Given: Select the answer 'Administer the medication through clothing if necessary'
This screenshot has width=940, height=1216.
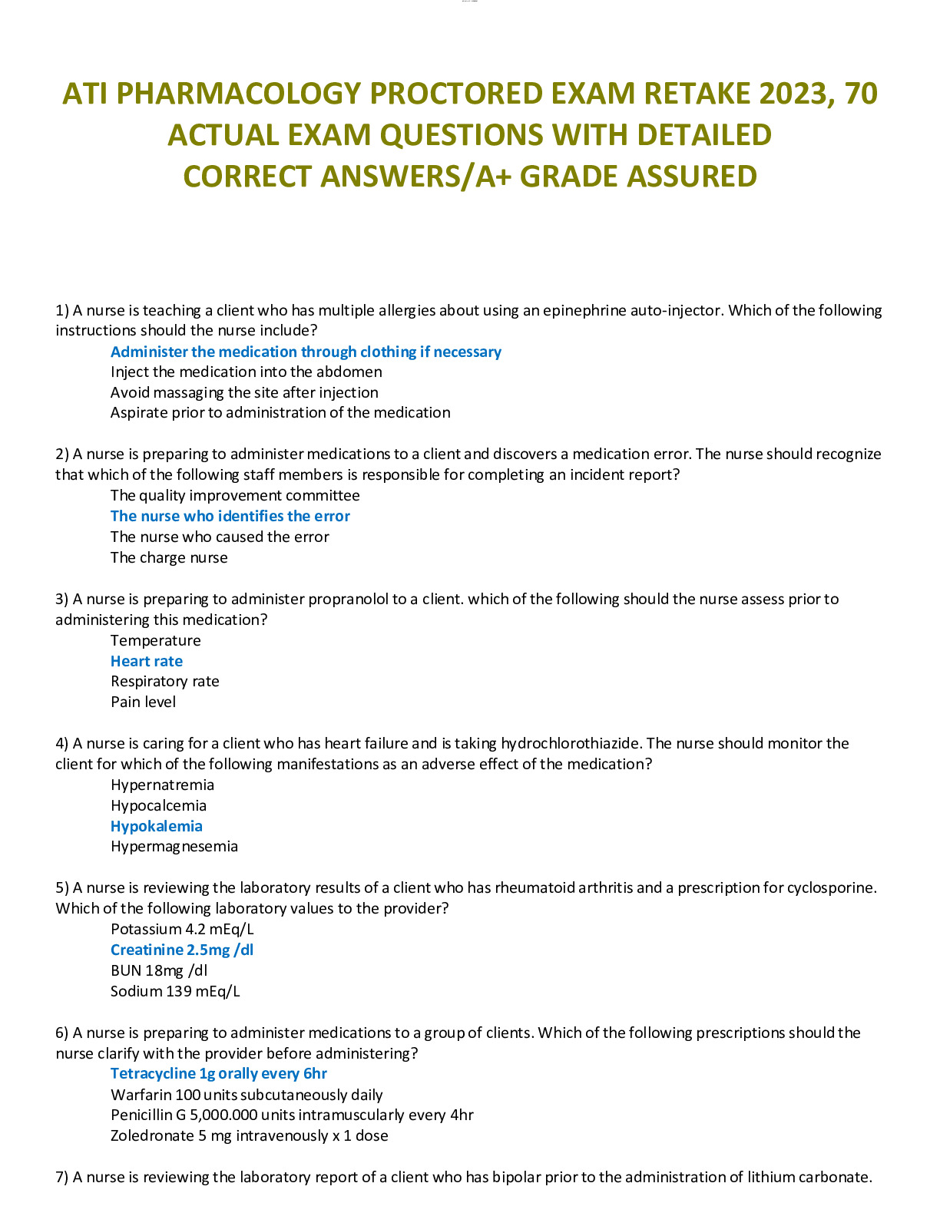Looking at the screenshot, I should (x=306, y=352).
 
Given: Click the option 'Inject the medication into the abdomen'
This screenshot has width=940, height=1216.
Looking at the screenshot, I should (x=246, y=372).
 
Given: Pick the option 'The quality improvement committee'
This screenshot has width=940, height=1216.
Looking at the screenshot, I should (x=235, y=495).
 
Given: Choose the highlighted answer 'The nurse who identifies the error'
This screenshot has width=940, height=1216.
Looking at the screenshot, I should (x=230, y=516).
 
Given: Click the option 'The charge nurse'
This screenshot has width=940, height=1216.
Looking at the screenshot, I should (x=169, y=557).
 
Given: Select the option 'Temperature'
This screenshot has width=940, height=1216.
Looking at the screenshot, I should (x=155, y=640).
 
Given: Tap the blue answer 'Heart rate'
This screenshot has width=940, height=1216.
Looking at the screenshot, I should (x=147, y=661).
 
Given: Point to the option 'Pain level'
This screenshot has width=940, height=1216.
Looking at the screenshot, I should (x=143, y=702).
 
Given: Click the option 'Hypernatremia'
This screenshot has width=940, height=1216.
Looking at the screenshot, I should (x=162, y=785).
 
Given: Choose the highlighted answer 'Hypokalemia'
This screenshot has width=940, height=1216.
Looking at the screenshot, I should (x=157, y=826).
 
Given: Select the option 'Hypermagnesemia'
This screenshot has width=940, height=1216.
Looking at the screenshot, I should (x=174, y=846).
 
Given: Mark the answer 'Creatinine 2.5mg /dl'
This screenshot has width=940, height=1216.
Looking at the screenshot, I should (x=182, y=950).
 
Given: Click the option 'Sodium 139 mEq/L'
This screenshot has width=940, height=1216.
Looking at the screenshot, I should (x=175, y=991).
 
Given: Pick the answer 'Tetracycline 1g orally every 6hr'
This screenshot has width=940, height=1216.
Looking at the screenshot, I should (x=219, y=1073).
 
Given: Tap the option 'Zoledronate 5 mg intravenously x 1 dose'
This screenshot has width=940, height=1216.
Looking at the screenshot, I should (x=249, y=1135).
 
